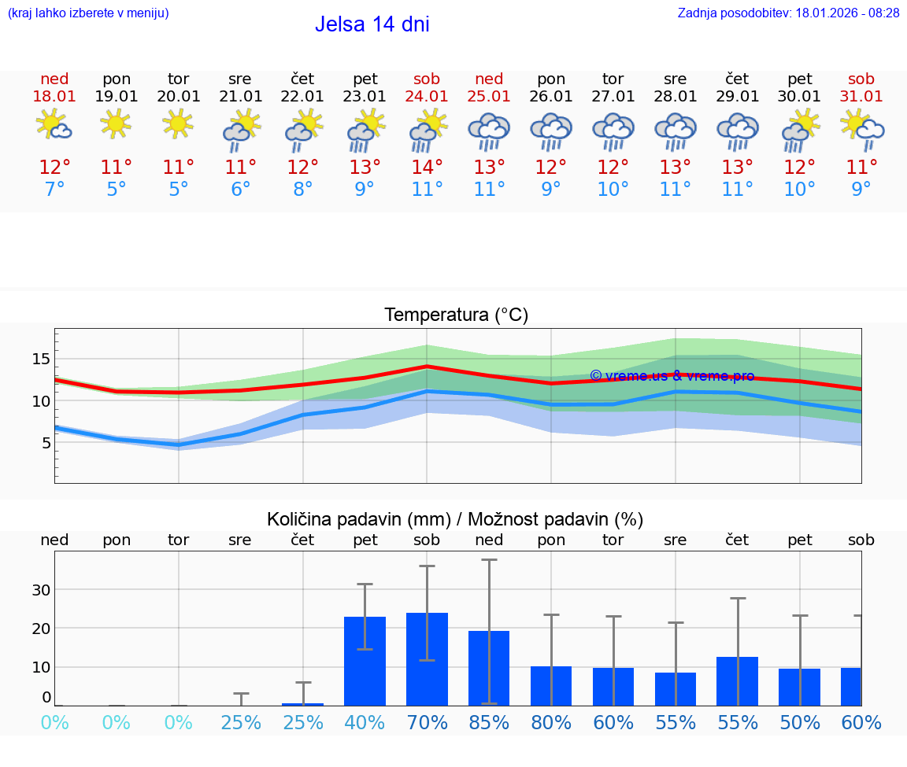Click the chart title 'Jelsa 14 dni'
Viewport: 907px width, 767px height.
[372, 24]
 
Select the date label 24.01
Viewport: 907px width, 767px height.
[427, 97]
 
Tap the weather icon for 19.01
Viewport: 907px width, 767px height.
[117, 124]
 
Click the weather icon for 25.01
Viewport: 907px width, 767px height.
[489, 131]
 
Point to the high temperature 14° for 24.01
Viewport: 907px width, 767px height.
[427, 168]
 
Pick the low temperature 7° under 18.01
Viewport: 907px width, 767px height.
[54, 190]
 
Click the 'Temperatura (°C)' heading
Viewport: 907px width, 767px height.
[456, 315]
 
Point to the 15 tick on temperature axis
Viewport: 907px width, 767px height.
[40, 359]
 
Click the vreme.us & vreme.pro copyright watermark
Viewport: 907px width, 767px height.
[672, 376]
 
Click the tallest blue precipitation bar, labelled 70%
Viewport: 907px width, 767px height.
[427, 659]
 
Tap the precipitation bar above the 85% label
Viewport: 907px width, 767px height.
[489, 668]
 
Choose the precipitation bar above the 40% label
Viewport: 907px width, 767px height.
[365, 661]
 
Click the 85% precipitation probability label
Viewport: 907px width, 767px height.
[489, 722]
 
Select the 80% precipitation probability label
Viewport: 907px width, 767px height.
[551, 722]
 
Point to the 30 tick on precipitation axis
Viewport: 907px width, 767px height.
[41, 590]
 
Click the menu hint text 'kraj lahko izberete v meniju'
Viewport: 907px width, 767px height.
[88, 13]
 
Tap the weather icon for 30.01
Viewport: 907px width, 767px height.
[800, 131]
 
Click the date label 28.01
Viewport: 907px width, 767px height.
[676, 97]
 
